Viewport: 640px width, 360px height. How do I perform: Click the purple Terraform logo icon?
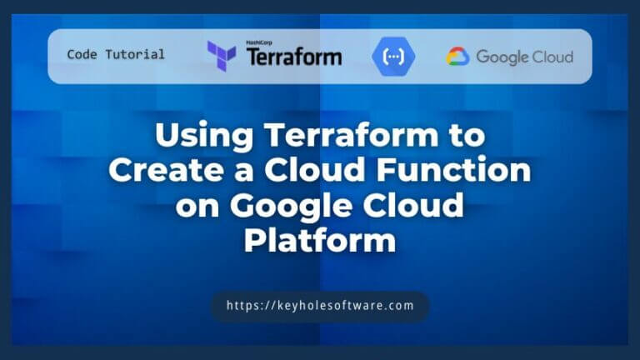click(221, 55)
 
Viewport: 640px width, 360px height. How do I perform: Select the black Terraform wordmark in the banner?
click(293, 57)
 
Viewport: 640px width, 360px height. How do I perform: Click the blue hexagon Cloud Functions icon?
click(392, 57)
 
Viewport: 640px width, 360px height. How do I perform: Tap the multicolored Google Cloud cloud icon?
click(458, 57)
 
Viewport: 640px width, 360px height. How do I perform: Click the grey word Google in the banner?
click(503, 57)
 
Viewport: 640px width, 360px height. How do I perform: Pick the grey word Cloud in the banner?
click(553, 57)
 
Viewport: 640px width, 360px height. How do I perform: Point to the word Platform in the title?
click(320, 242)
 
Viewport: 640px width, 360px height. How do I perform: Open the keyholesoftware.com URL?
click(320, 306)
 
